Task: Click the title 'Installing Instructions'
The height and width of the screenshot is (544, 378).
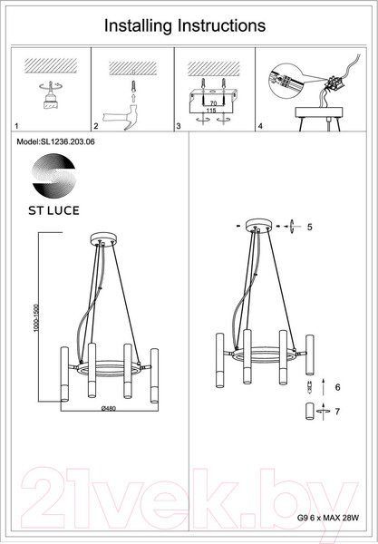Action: tap(185, 26)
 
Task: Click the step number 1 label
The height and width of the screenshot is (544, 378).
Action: tap(19, 127)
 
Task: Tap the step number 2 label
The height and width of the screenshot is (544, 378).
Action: tap(96, 127)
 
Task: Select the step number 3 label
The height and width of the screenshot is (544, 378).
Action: tap(179, 127)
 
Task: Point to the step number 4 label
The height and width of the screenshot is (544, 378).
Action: tap(260, 127)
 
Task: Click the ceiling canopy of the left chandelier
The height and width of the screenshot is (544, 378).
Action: tap(102, 240)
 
